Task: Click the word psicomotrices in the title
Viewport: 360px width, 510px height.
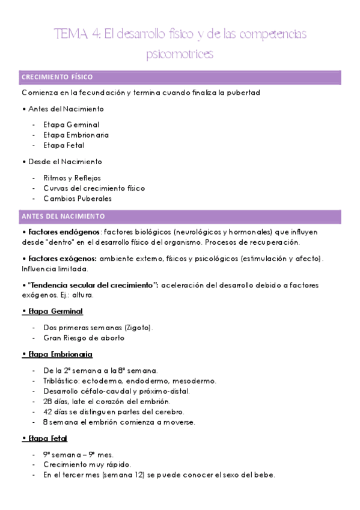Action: tap(180, 54)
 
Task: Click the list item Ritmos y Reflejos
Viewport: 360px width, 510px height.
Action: tap(72, 178)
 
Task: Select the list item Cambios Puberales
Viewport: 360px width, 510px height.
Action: tap(78, 198)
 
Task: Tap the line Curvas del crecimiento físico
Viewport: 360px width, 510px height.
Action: tap(94, 188)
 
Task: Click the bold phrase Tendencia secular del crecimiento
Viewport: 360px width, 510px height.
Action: tap(93, 284)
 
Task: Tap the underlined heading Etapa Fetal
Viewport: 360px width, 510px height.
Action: tap(48, 438)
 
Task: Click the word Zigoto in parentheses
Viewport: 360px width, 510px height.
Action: tap(138, 328)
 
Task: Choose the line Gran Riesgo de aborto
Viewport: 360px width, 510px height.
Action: tap(84, 338)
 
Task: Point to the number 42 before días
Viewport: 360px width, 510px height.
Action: tap(47, 412)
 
